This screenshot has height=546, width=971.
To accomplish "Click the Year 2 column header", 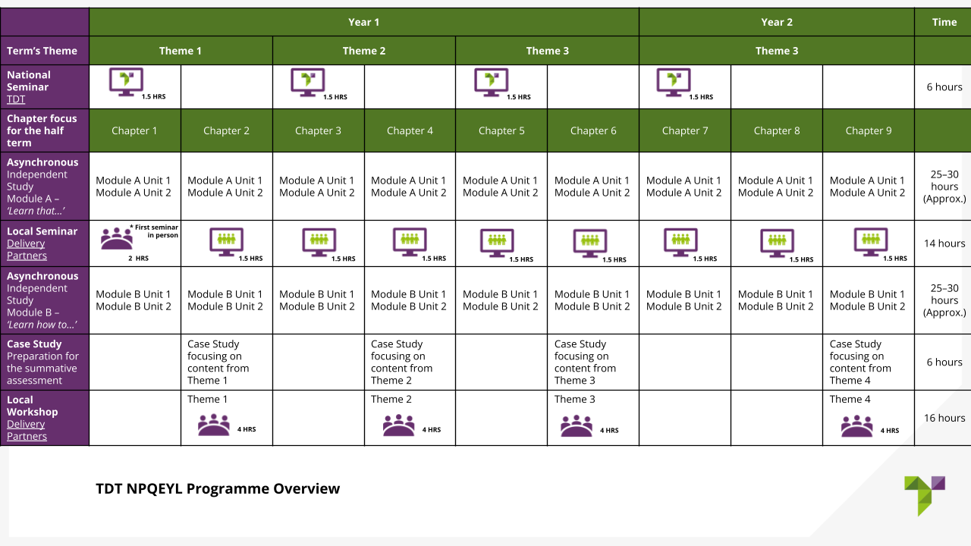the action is pos(776,22).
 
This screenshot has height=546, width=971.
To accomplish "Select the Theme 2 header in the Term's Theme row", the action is pos(363,51).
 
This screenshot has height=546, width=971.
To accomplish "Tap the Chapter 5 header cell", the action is pos(501,130).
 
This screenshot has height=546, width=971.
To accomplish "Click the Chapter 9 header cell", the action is pos(869,130).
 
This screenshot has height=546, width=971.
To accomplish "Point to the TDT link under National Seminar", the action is pos(16,99).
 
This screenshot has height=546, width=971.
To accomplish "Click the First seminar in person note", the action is pos(154,231).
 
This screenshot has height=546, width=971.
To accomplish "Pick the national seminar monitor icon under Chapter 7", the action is pos(673,82).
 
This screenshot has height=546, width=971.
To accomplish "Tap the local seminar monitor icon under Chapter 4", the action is pos(410,242).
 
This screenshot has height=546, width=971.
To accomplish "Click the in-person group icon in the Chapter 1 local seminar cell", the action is pos(117,238).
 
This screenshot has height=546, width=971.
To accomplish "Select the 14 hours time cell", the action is pos(944,243).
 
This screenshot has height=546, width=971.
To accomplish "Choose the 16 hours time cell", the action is pos(944,418).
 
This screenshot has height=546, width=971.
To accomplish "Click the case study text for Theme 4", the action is pos(860,362).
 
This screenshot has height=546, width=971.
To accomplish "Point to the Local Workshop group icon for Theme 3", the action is pos(576,425).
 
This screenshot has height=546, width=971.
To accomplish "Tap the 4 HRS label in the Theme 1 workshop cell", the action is pos(247,429).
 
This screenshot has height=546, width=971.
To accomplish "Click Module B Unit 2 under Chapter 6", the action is pos(592,306).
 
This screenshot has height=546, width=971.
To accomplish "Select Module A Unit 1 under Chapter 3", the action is pos(316,180).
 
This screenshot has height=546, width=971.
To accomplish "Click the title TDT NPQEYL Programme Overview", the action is pos(218,488).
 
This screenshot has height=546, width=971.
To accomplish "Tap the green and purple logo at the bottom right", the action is pos(924,496).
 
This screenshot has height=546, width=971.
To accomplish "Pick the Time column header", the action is pos(944,22).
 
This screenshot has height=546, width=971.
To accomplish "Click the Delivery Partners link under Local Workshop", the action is pos(27,430).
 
